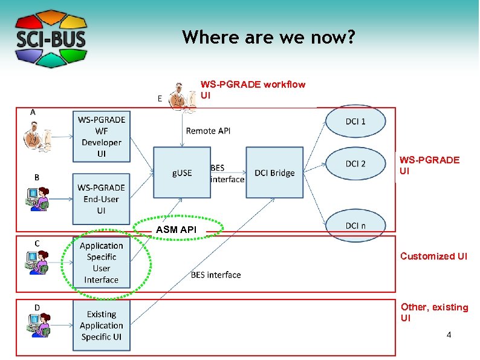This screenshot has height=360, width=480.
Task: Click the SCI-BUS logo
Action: [51, 39]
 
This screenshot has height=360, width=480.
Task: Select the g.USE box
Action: [181, 172]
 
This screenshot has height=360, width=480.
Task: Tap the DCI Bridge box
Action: [274, 172]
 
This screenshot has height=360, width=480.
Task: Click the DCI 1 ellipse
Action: [355, 122]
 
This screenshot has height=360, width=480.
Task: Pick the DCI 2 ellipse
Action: [355, 164]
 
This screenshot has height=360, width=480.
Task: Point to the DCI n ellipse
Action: [355, 225]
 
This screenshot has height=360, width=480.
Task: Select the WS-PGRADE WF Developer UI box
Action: [101, 137]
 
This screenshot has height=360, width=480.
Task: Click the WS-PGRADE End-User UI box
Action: [101, 199]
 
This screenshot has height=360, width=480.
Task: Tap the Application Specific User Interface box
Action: [101, 263]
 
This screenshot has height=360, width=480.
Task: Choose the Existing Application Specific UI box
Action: [101, 326]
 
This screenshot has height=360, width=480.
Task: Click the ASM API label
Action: [176, 230]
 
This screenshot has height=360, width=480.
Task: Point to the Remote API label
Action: [208, 131]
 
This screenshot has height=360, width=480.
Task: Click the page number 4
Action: [448, 335]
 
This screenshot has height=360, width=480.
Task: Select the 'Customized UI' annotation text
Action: [433, 256]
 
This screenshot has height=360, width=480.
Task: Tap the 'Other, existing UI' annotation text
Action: [434, 312]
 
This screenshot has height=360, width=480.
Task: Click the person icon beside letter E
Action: [183, 96]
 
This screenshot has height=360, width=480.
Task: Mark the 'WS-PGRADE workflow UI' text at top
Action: [253, 90]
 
